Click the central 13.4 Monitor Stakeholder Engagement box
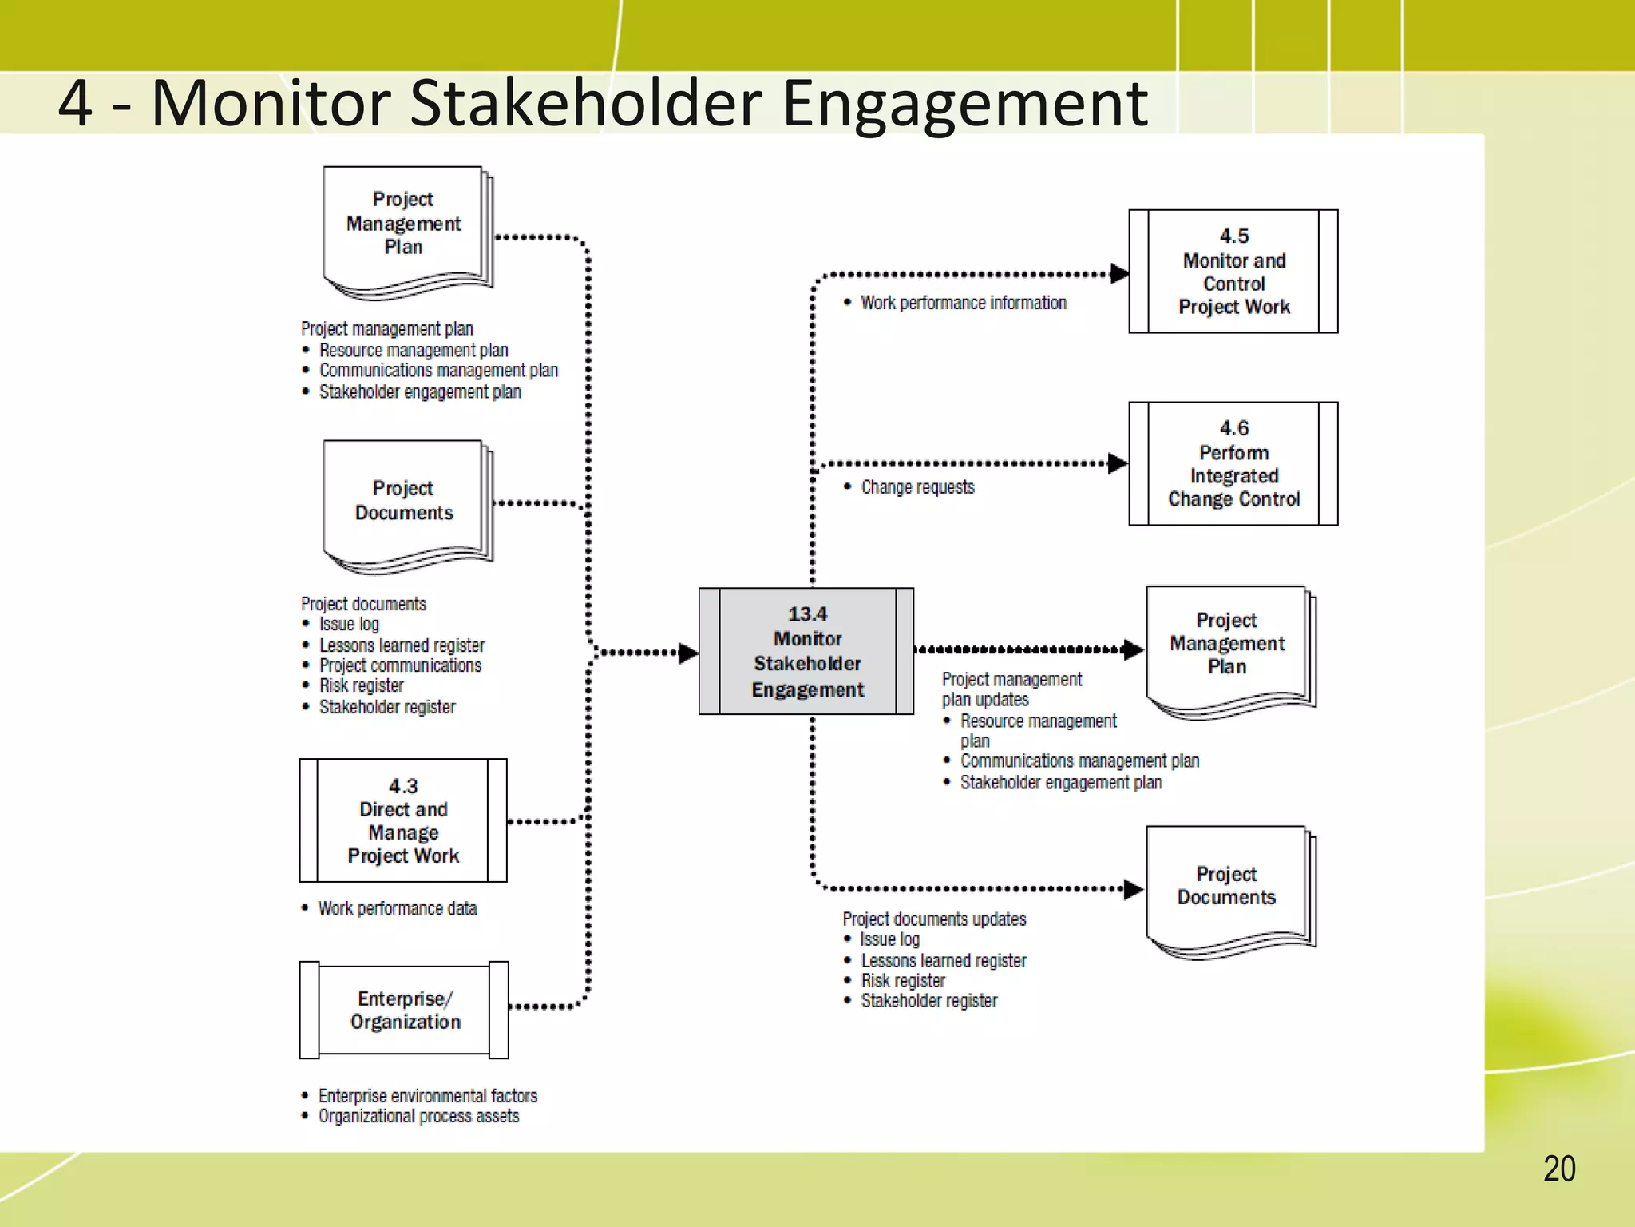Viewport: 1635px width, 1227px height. (806, 651)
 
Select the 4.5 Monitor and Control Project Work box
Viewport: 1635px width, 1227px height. (1233, 272)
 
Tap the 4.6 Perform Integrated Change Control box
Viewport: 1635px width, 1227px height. (1233, 463)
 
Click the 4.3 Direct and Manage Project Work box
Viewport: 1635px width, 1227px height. (403, 820)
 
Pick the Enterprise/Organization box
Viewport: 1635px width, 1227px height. (404, 1010)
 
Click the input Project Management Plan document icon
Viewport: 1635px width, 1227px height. (404, 228)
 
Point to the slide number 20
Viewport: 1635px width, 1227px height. (1558, 1169)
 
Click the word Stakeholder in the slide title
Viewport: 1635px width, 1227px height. (585, 104)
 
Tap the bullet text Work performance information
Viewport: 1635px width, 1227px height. (963, 303)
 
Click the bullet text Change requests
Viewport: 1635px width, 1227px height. (917, 487)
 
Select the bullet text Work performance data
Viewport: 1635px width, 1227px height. (397, 908)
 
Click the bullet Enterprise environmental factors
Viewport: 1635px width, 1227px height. (427, 1095)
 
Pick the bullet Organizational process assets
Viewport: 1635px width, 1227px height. (418, 1116)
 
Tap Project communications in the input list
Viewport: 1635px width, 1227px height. (400, 665)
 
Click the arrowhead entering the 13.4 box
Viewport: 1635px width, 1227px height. (688, 653)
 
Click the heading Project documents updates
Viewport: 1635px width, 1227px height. (934, 919)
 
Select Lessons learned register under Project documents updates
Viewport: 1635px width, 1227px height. (943, 960)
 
